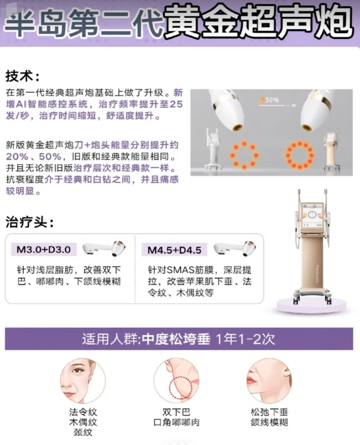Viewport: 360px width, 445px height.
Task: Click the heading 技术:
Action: point(23,76)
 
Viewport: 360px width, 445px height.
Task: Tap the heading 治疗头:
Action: point(30,222)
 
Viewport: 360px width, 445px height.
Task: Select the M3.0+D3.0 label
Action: point(44,249)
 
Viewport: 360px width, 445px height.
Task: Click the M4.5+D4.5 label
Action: point(174,250)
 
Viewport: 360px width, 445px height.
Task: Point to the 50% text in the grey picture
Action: point(272,100)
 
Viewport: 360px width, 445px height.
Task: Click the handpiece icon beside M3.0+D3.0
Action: point(104,249)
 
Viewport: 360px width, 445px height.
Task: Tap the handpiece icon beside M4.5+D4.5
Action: point(235,249)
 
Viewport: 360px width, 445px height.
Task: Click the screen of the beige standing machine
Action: point(312,215)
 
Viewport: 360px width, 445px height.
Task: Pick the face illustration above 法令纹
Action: point(82,380)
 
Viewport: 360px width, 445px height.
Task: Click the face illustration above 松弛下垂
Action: point(269,380)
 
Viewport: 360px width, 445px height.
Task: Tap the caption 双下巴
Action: point(176,412)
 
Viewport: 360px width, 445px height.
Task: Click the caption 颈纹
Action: point(83,432)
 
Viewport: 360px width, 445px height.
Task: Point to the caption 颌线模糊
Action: point(269,422)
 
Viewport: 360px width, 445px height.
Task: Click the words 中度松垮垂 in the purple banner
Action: point(176,339)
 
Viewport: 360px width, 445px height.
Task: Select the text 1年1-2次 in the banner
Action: point(246,339)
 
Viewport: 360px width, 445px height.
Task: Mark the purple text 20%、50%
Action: point(34,157)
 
